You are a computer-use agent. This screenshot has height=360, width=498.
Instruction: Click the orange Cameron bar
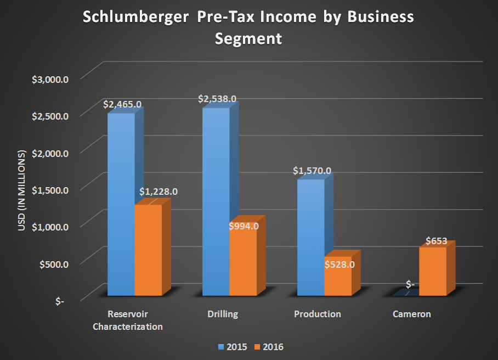pos(433,271)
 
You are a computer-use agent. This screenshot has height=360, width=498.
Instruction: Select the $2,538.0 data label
pos(218,99)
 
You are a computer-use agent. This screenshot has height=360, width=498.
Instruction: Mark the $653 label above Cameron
pos(437,241)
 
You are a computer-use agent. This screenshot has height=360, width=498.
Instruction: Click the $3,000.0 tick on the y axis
pos(50,79)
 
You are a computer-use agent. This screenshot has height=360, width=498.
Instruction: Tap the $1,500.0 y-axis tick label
pos(50,190)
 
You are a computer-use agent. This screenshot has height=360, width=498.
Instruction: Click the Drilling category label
pos(223,314)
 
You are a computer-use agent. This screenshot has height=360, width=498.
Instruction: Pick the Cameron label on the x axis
pos(411,314)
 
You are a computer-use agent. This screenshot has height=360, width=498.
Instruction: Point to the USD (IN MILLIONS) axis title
pos(22,189)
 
